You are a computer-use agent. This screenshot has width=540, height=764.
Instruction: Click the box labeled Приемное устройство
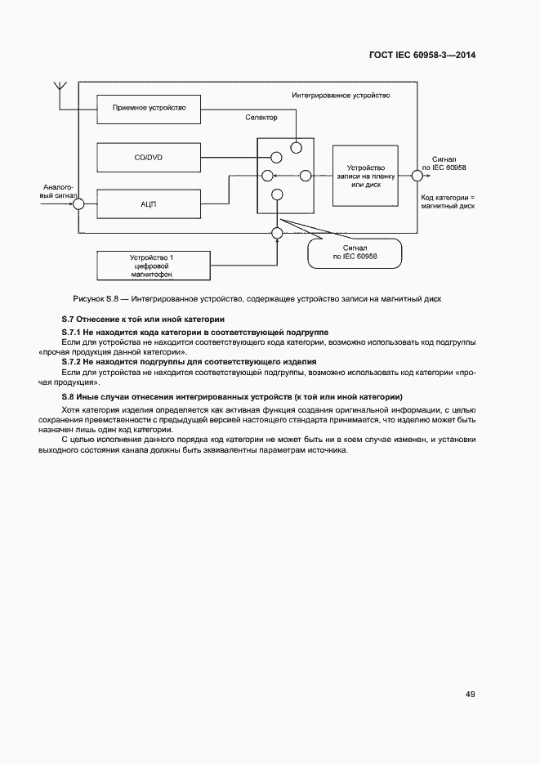(x=148, y=107)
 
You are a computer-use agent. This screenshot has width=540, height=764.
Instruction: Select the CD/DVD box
(x=148, y=158)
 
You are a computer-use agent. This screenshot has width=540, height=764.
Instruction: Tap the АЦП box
(x=148, y=203)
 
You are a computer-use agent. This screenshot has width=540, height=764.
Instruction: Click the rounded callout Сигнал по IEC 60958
(x=355, y=252)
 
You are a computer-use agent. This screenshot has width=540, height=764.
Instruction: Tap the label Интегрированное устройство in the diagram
(x=341, y=96)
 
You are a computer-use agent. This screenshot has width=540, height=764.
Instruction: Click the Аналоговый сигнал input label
(x=59, y=192)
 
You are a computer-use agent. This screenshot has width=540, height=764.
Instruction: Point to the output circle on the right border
(x=417, y=175)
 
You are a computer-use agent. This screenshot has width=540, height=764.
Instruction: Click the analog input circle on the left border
(x=78, y=204)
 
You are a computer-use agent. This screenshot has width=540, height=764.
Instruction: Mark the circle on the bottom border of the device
(x=277, y=233)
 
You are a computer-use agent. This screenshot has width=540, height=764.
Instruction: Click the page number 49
(x=470, y=695)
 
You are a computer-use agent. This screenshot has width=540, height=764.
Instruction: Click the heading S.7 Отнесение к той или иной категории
(x=143, y=318)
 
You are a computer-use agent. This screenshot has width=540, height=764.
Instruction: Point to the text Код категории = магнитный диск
(x=449, y=202)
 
